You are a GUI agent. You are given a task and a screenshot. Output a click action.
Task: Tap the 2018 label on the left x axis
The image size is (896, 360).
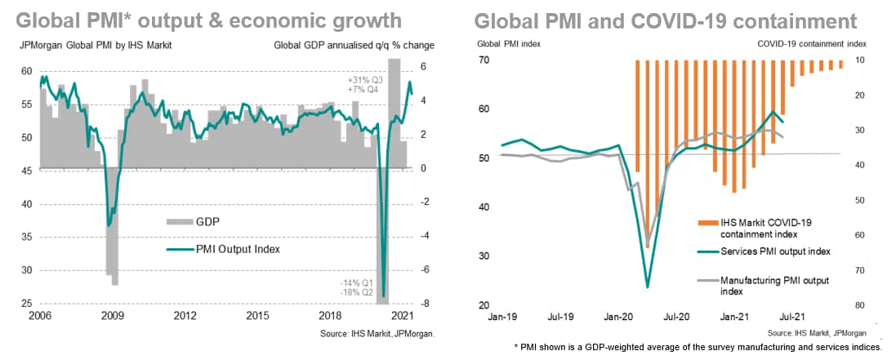pyautogui.click(x=331, y=315)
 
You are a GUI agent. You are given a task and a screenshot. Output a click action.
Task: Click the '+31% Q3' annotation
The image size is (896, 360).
pyautogui.click(x=365, y=79)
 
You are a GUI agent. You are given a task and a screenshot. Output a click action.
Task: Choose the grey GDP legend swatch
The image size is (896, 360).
pyautogui.click(x=178, y=221)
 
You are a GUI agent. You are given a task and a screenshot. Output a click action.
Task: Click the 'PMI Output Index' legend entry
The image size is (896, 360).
pyautogui.click(x=240, y=249)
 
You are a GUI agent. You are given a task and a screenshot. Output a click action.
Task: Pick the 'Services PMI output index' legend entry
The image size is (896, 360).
pyautogui.click(x=773, y=251)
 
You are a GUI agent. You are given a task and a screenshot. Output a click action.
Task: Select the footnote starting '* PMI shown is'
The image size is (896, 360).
pyautogui.click(x=698, y=347)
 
